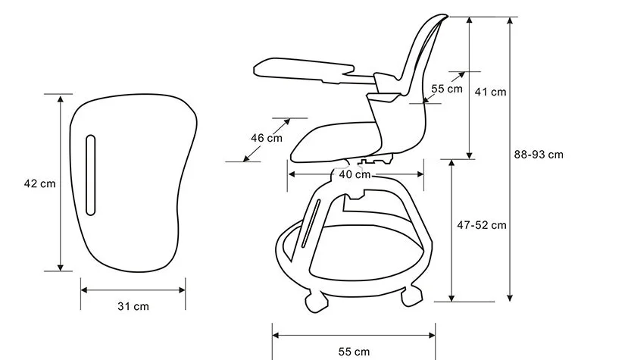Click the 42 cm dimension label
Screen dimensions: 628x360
click(39, 183)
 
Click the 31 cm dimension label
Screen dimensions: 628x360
click(133, 306)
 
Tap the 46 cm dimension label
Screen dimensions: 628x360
click(267, 138)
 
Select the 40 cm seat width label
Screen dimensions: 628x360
click(355, 174)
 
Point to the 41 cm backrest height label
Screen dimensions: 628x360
click(490, 92)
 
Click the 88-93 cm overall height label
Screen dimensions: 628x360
click(539, 155)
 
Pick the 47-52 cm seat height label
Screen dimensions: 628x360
click(482, 225)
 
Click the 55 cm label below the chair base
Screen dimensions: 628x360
click(354, 352)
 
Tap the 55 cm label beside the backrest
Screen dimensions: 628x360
click(447, 89)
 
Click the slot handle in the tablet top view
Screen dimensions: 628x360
click(91, 175)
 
